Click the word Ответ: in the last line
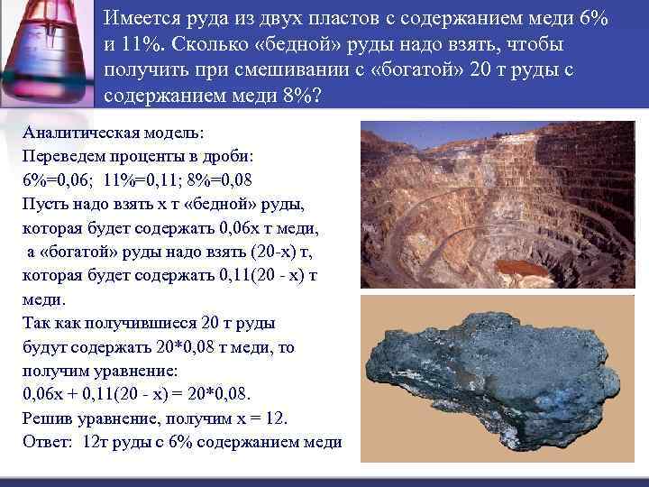click(48, 442)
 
